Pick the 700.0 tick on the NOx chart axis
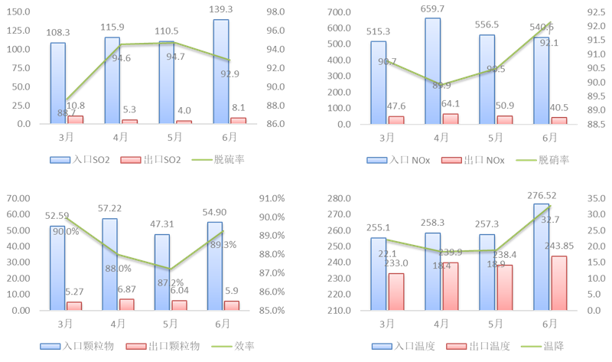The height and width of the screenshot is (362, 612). [x=337, y=12]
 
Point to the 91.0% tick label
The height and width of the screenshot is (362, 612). [x=273, y=198]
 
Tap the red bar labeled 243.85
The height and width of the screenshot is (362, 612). [x=558, y=282]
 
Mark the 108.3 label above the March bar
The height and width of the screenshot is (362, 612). [x=58, y=34]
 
